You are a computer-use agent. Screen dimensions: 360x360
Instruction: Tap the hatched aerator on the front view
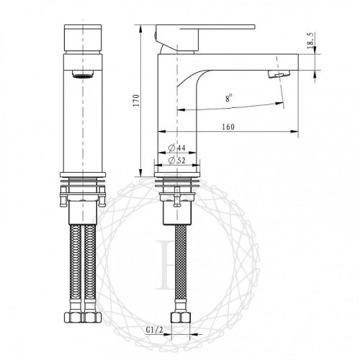coord(84,76)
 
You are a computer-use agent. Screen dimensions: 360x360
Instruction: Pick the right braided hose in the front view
coord(91,270)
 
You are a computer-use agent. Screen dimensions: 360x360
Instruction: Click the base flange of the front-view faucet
coord(84,175)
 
